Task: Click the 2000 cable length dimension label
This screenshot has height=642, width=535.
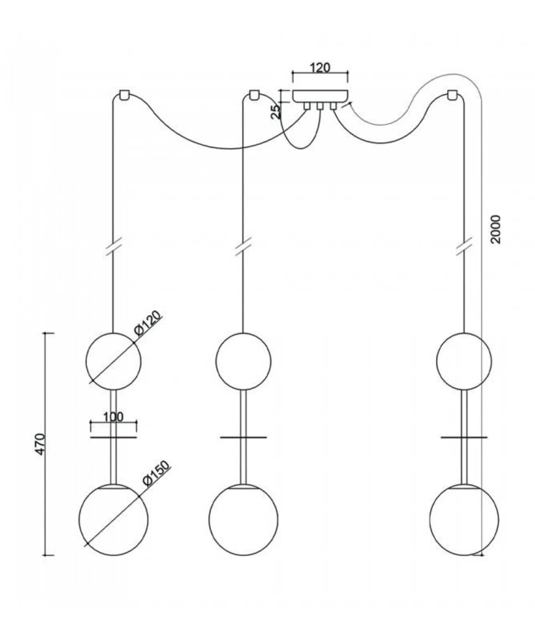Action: coord(495,229)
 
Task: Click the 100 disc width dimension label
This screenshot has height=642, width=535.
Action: coord(113,417)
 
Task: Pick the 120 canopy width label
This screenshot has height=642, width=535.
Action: coord(320,68)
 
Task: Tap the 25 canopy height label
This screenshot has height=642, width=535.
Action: coord(275,111)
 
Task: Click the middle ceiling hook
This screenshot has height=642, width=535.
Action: coord(254,95)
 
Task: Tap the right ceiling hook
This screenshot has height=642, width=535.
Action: coord(452,95)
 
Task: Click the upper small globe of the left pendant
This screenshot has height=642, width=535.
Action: coord(114,361)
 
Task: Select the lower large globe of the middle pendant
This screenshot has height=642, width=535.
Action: coord(243,519)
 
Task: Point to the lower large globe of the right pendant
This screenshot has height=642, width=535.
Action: coord(464,519)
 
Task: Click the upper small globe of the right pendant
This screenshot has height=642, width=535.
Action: coord(464,361)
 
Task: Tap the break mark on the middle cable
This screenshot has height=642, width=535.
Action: coord(243,247)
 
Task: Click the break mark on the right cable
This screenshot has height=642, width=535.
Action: coord(464,247)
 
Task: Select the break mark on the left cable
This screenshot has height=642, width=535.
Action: coord(113,247)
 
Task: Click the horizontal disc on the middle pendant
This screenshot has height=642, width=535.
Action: coord(243,437)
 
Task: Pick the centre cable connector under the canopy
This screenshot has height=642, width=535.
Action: coord(320,106)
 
